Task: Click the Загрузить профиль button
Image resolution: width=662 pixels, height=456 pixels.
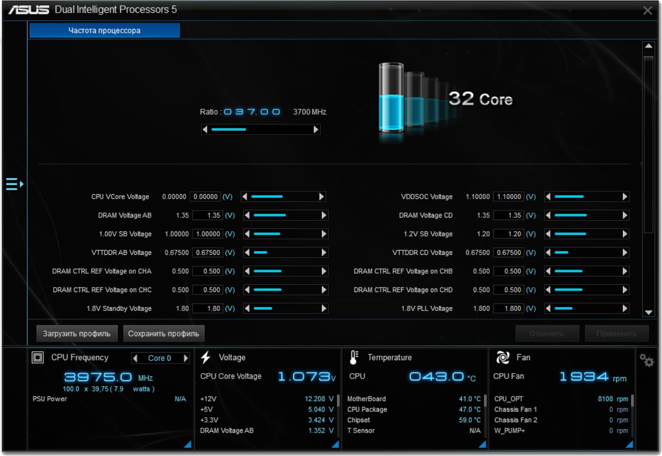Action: [x=76, y=333]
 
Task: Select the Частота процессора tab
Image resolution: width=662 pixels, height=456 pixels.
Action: [x=104, y=30]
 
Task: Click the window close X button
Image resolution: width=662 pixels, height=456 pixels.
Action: [x=647, y=10]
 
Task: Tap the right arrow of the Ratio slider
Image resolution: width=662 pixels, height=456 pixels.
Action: [x=316, y=130]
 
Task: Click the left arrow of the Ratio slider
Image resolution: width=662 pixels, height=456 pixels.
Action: [x=205, y=130]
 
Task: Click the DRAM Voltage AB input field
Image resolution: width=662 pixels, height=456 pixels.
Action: [x=207, y=216]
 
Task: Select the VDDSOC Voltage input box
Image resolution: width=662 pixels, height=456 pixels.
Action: [x=508, y=197]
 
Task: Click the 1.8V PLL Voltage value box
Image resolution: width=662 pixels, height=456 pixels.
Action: [x=508, y=308]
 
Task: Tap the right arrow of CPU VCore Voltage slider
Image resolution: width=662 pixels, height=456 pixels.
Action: [x=322, y=197]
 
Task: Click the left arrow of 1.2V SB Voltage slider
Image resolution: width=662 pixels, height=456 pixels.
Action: [x=548, y=234]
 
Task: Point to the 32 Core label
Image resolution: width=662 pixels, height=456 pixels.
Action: [x=480, y=98]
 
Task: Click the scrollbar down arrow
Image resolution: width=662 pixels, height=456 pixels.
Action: [x=648, y=312]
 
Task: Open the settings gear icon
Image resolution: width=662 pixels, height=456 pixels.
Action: [x=646, y=360]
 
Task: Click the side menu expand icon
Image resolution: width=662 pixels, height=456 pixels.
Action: [x=14, y=184]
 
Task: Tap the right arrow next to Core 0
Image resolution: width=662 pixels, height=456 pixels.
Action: [x=186, y=358]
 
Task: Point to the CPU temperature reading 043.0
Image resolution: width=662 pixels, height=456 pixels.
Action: [x=436, y=377]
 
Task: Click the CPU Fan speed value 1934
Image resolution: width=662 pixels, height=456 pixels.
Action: [x=584, y=377]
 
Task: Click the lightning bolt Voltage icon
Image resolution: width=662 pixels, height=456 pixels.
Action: [x=206, y=357]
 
